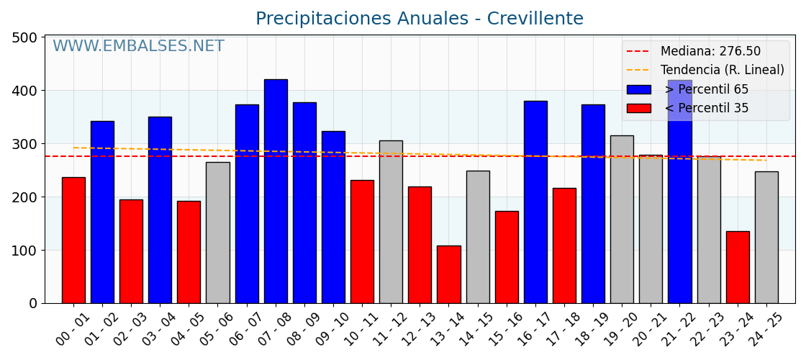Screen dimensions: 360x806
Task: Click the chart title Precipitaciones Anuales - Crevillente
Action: click(x=419, y=19)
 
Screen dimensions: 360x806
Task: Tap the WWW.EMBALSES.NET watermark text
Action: click(x=138, y=47)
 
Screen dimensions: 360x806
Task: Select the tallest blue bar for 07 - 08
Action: click(x=276, y=191)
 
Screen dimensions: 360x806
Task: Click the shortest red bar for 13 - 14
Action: click(x=448, y=274)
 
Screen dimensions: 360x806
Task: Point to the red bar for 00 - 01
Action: click(x=73, y=240)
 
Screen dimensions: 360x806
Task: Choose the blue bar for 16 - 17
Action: click(x=535, y=202)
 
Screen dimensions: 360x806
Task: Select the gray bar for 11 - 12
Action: click(x=391, y=222)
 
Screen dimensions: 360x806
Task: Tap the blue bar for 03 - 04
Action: click(x=160, y=210)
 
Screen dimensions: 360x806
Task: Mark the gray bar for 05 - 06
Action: click(x=217, y=233)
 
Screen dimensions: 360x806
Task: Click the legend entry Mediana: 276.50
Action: click(x=710, y=52)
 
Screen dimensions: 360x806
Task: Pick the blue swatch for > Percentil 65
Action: click(x=638, y=89)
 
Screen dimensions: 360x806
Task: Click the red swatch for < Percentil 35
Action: click(x=638, y=108)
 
